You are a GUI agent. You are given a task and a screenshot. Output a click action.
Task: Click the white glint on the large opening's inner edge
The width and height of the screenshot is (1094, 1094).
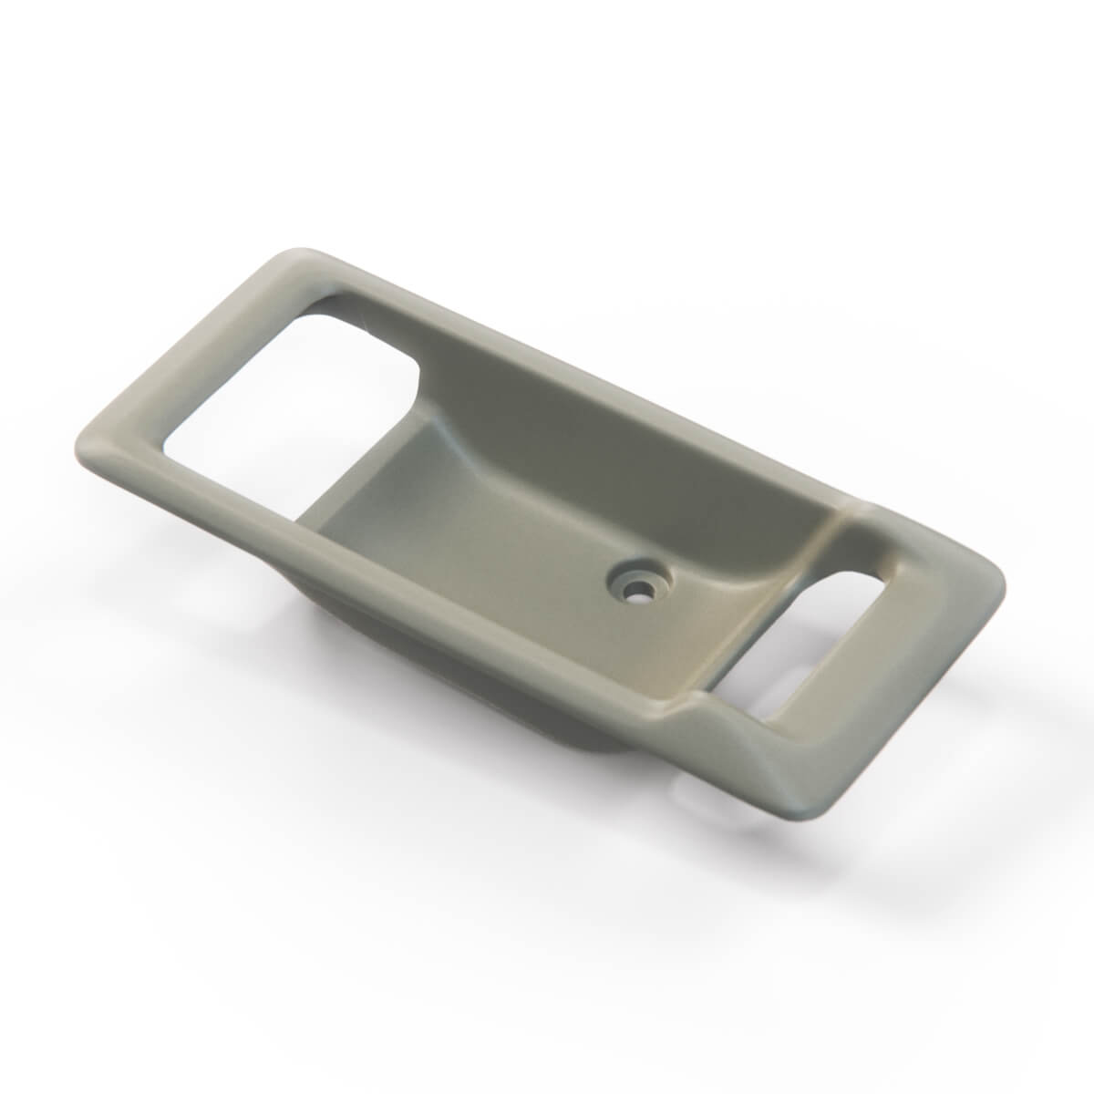[x=365, y=319]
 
